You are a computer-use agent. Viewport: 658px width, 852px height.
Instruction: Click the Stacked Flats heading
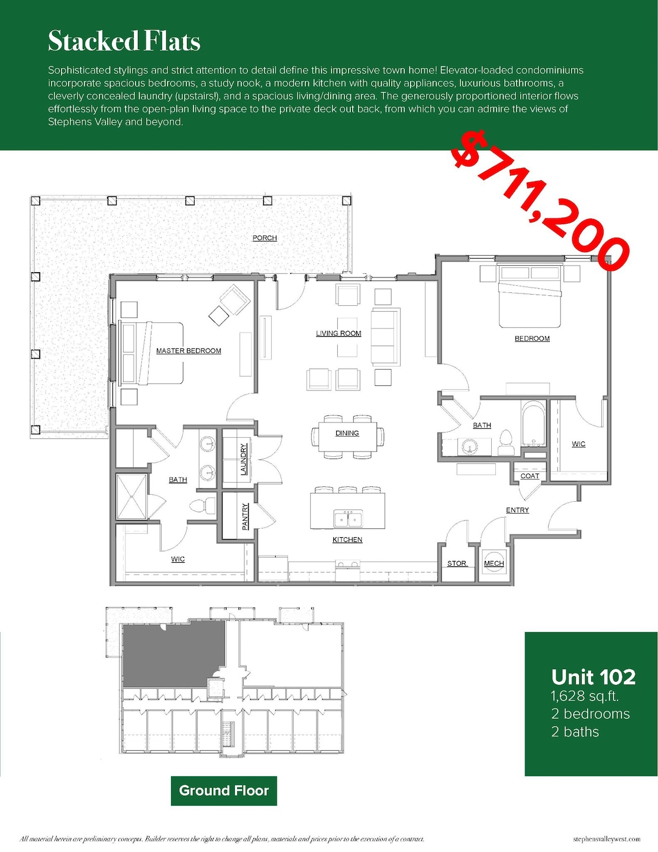(x=124, y=41)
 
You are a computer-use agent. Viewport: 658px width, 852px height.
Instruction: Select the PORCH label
(x=265, y=238)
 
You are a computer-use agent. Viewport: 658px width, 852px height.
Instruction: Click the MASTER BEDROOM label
(x=188, y=351)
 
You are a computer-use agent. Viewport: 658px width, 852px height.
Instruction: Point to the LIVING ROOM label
(x=338, y=334)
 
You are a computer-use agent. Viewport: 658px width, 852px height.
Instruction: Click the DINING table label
(x=347, y=433)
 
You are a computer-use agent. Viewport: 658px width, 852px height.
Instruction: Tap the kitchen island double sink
(x=347, y=519)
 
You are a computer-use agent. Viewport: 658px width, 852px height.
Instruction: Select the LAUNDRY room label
(x=243, y=460)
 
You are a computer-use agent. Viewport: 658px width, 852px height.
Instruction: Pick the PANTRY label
(x=246, y=516)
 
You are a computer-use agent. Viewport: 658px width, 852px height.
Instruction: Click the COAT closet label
(x=530, y=476)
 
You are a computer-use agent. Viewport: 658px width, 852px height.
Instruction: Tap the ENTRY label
(x=517, y=510)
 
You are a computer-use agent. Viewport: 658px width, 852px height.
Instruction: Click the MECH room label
(x=493, y=563)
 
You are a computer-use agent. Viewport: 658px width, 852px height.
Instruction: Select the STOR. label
(x=457, y=563)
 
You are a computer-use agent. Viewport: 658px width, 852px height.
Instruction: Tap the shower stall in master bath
(x=131, y=497)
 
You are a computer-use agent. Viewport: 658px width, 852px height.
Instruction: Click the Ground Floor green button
(x=224, y=791)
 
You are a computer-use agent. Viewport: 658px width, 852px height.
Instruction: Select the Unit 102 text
(x=593, y=677)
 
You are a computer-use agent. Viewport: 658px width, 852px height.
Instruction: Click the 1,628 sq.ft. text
(x=584, y=696)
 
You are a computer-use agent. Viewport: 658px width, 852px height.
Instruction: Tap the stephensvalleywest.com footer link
(x=607, y=839)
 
